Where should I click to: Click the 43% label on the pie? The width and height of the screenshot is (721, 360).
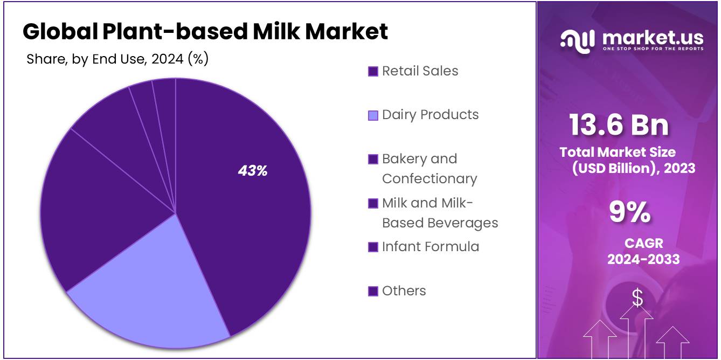coord(253,171)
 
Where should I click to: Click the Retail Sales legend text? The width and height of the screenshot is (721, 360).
coord(420,71)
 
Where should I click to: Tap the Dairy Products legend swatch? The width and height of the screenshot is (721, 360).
coord(373,115)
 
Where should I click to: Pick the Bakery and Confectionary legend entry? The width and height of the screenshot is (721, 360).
coord(429,169)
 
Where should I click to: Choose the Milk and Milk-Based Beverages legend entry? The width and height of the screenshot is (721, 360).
coord(439,213)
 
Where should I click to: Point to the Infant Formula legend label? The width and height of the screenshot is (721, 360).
coord(430,247)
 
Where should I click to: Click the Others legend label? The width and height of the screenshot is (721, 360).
coord(404,291)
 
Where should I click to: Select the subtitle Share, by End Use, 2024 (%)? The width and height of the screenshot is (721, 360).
coord(117,59)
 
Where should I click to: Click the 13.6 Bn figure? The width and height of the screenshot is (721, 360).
coord(619,125)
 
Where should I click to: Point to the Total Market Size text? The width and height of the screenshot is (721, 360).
coord(618,152)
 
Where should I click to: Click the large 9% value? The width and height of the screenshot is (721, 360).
coord(629,212)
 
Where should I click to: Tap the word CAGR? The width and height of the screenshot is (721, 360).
coord(643,243)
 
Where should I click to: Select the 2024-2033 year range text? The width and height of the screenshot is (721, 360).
coord(643,259)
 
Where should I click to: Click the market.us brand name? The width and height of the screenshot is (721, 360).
coord(653,38)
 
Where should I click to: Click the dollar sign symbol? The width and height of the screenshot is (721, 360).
coord(637,297)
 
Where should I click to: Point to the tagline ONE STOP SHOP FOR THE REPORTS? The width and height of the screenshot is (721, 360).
coord(653,49)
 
